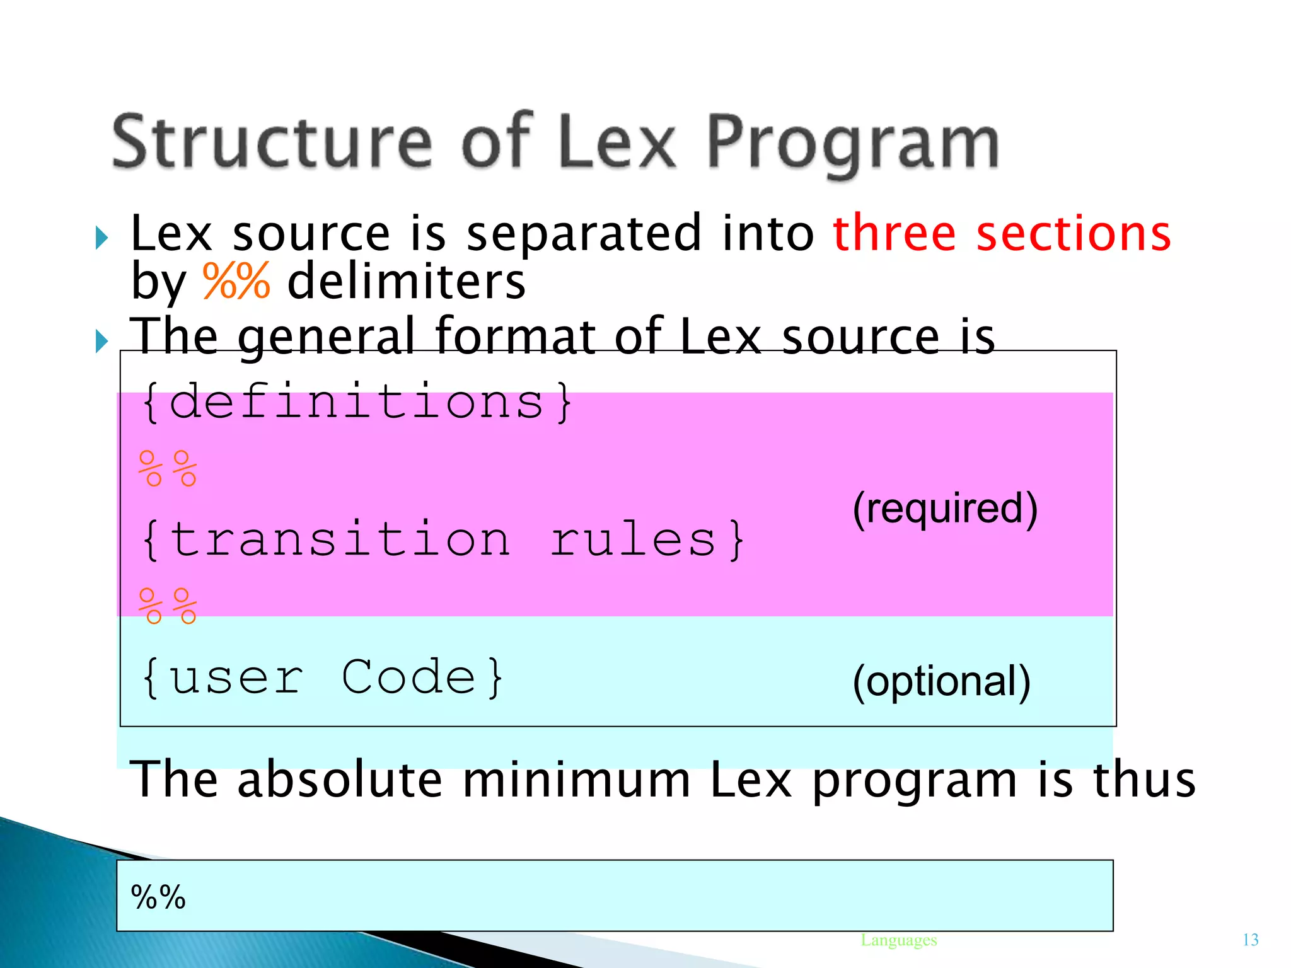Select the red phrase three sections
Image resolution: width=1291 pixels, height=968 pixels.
tap(1001, 233)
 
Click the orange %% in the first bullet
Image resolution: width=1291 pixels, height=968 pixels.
tap(236, 281)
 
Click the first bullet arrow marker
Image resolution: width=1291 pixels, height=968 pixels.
tap(101, 238)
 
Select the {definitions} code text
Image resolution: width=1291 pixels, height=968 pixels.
tap(356, 401)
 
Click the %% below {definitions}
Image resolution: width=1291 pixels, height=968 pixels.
tap(168, 469)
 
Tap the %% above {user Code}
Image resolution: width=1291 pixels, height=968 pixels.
tap(168, 606)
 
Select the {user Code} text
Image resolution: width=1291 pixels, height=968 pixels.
tap(321, 677)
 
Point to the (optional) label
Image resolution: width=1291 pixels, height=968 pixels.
tap(941, 681)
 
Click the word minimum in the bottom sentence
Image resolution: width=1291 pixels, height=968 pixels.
tap(576, 780)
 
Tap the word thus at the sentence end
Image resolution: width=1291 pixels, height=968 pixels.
tap(1143, 780)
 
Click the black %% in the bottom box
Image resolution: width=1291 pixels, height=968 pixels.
tap(158, 897)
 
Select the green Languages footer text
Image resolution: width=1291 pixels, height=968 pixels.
tap(898, 940)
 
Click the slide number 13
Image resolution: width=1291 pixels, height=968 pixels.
tap(1250, 940)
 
